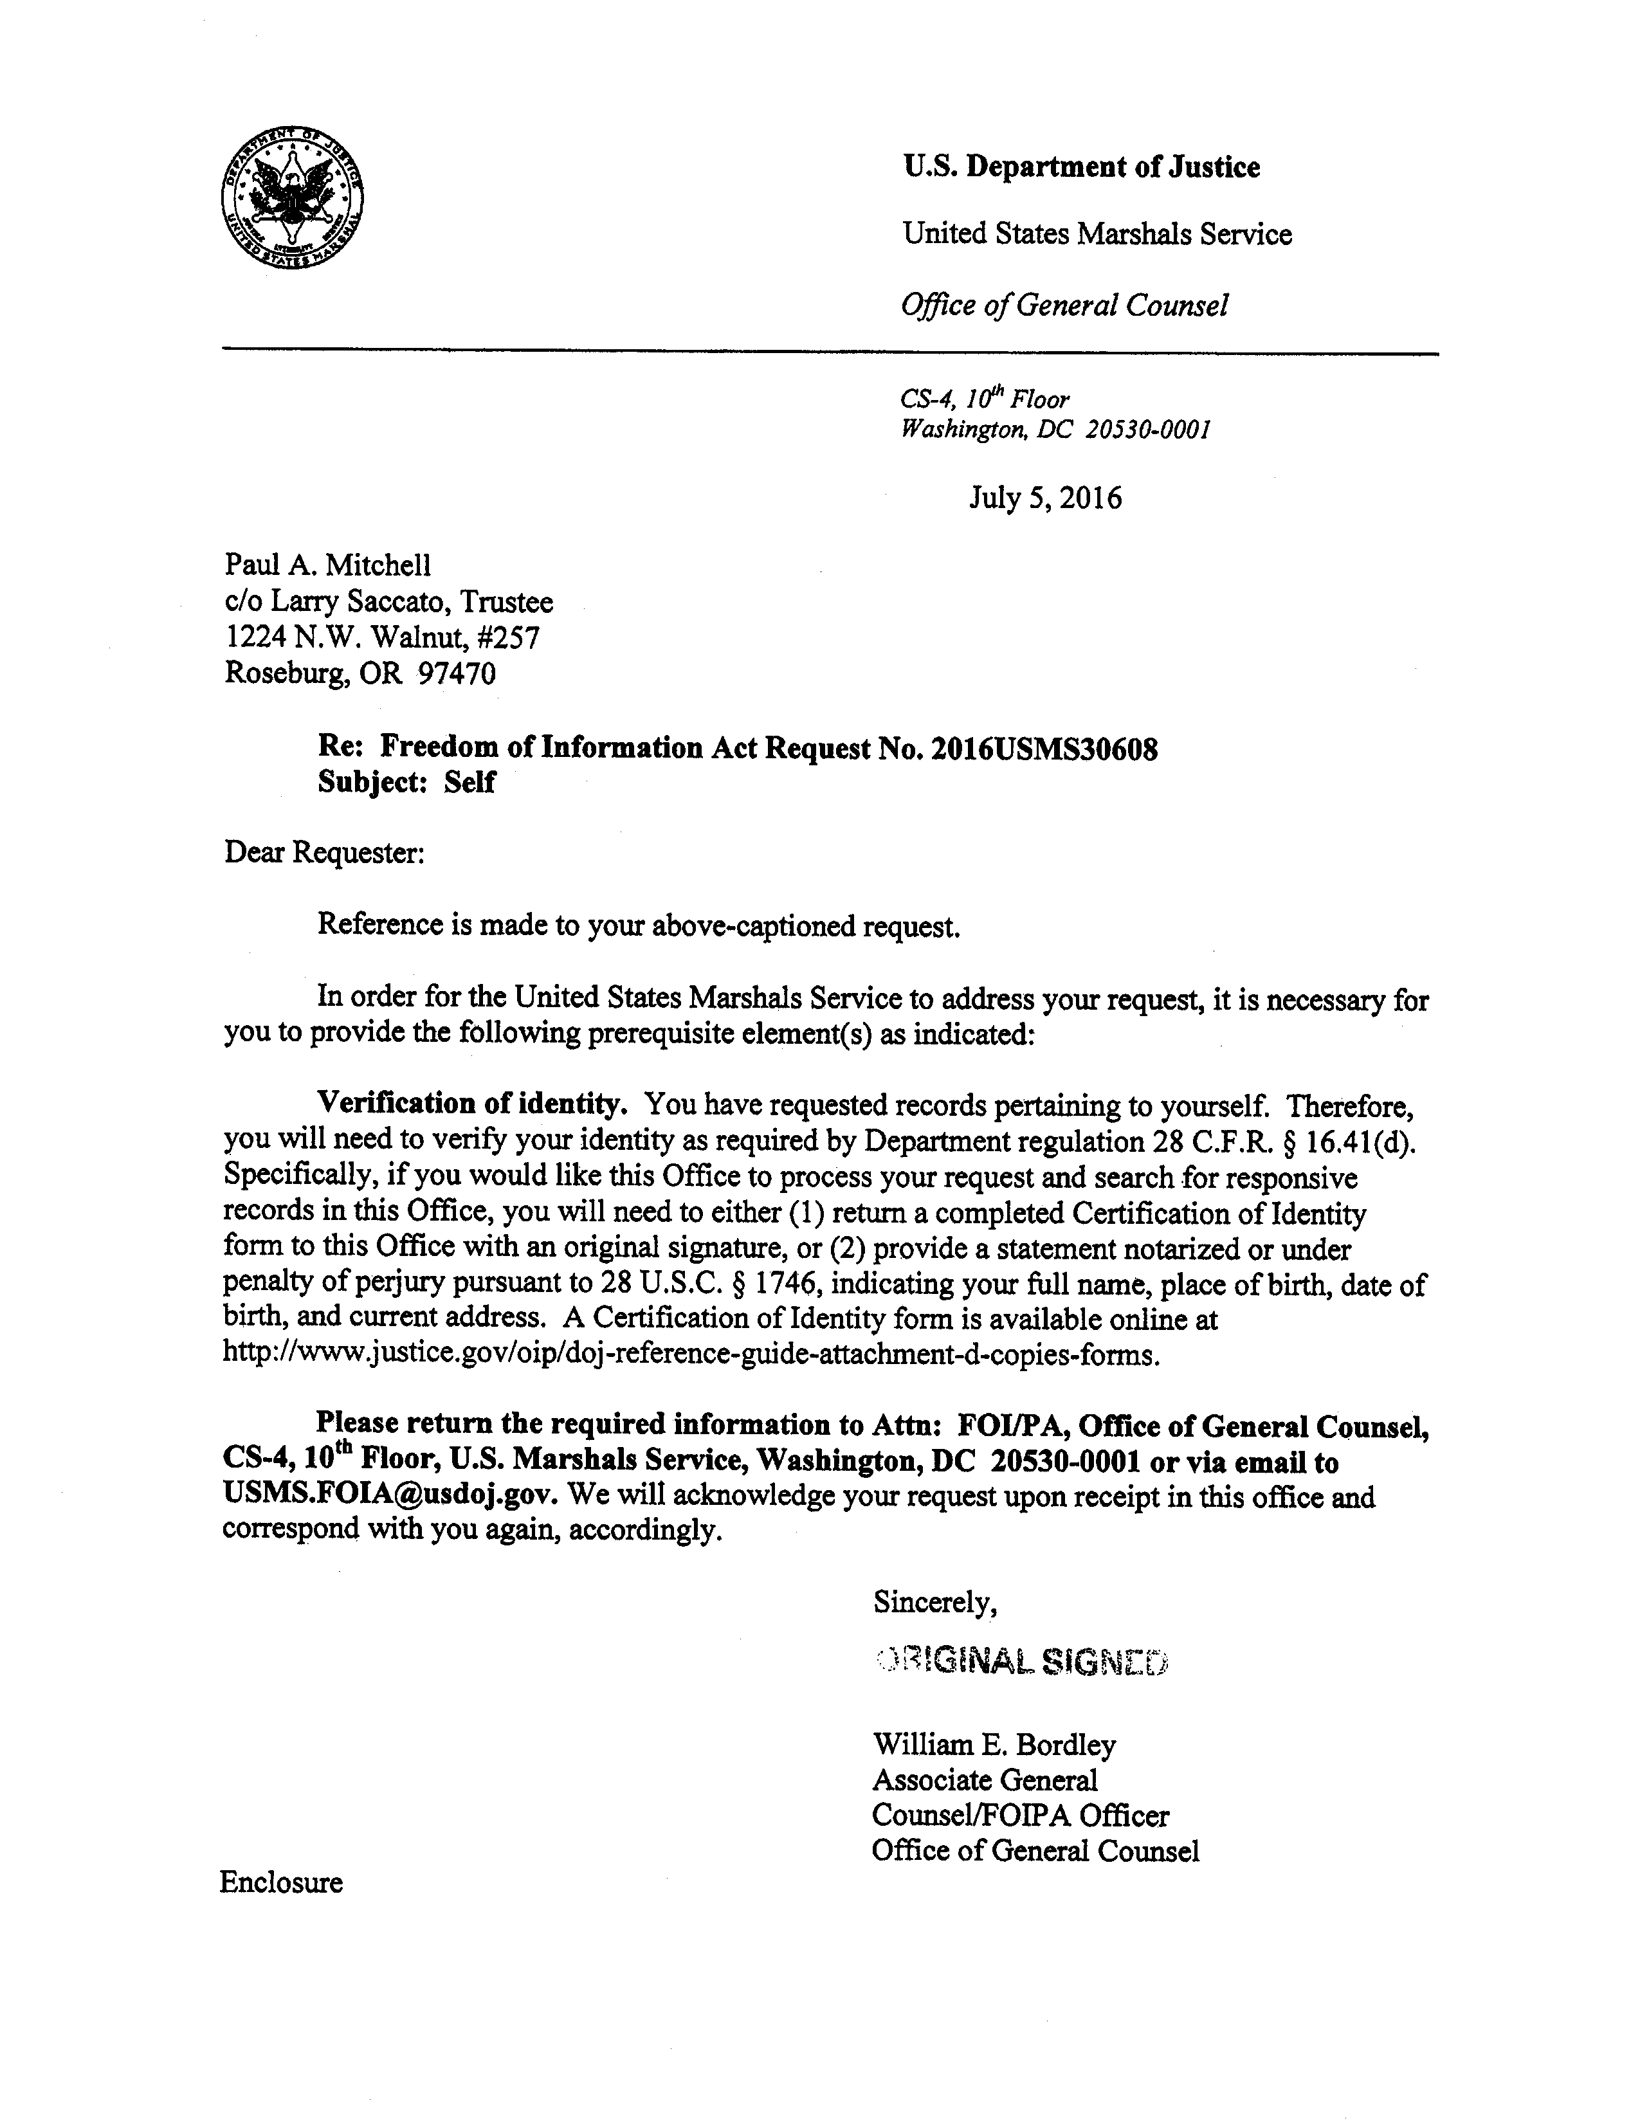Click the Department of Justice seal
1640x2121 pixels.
pyautogui.click(x=292, y=197)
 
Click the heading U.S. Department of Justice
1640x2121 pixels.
pyautogui.click(x=1080, y=167)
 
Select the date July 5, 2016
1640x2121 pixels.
pyautogui.click(x=1045, y=498)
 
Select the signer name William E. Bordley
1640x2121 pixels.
pyautogui.click(x=994, y=1745)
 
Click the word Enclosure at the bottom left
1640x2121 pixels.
pyautogui.click(x=282, y=1883)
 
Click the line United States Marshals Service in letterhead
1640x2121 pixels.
pyautogui.click(x=1097, y=234)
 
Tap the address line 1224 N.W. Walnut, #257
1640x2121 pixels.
pyautogui.click(x=381, y=637)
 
